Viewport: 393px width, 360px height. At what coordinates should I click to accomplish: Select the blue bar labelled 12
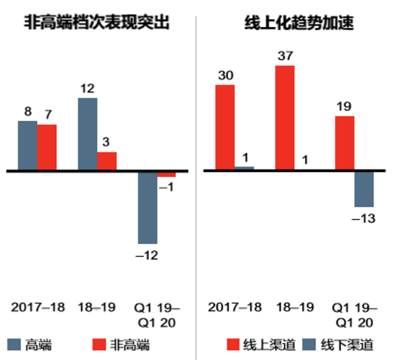click(x=87, y=134)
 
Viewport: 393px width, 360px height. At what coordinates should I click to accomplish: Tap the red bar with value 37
click(x=285, y=117)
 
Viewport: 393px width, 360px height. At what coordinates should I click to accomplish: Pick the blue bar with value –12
click(x=148, y=207)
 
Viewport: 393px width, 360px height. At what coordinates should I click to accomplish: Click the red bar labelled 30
click(x=225, y=127)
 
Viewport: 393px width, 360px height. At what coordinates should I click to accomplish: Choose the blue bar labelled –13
click(x=364, y=189)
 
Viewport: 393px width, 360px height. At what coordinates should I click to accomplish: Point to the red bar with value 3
click(x=107, y=161)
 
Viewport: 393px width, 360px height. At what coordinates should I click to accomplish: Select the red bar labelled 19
click(x=345, y=143)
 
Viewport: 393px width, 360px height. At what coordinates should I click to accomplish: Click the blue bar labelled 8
click(x=27, y=145)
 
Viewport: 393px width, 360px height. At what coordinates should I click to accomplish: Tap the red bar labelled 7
click(x=47, y=147)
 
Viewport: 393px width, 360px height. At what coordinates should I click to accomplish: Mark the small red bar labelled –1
click(x=167, y=174)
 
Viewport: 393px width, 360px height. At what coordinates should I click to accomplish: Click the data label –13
click(x=364, y=219)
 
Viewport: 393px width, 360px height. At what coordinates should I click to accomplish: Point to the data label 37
click(x=285, y=56)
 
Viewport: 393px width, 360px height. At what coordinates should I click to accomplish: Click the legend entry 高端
click(x=30, y=344)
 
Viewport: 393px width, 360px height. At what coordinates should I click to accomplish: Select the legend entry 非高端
click(x=121, y=344)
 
